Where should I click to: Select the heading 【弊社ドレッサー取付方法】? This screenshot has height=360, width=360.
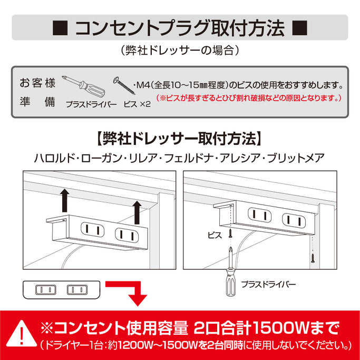coord(179,139)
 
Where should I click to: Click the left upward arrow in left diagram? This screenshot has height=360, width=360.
coord(65,201)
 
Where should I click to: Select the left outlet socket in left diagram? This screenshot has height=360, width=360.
coord(91,229)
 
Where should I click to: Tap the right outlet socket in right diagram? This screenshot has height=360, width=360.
coord(293,218)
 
